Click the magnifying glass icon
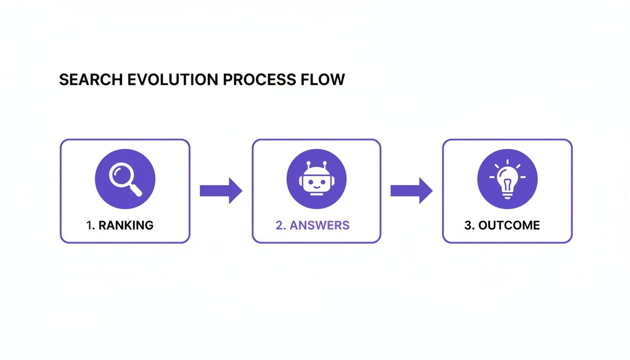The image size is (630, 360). pyautogui.click(x=125, y=179)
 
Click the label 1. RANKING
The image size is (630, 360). pyautogui.click(x=120, y=225)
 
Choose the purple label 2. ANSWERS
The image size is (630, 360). pyautogui.click(x=312, y=225)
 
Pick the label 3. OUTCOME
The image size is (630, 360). pyautogui.click(x=502, y=225)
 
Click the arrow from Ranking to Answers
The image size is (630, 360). pyautogui.click(x=221, y=190)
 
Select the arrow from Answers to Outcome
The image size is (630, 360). pyautogui.click(x=412, y=190)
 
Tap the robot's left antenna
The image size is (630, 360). pyautogui.click(x=308, y=165)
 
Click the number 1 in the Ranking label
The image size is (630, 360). pyautogui.click(x=89, y=225)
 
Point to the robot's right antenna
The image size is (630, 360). pyautogui.click(x=324, y=165)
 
